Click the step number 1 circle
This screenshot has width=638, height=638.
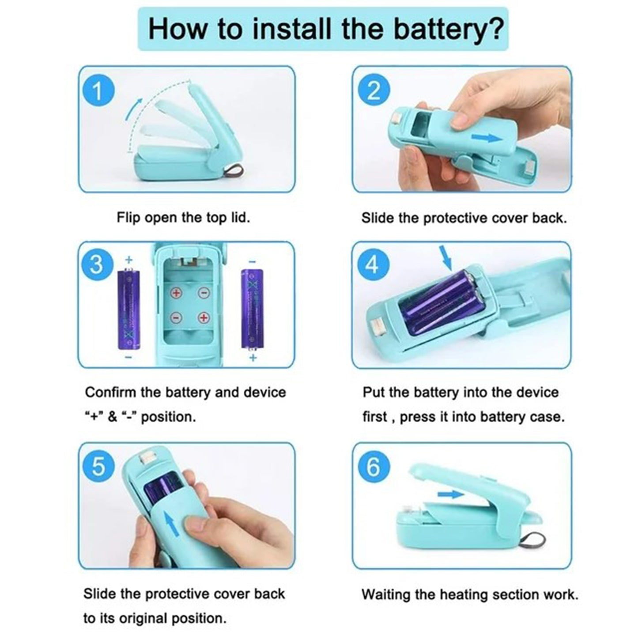(x=98, y=92)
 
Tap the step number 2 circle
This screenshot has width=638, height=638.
(x=374, y=91)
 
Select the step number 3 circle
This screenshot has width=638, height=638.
(x=96, y=265)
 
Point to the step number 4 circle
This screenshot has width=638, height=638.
(x=372, y=265)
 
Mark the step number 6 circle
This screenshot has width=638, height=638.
(x=373, y=467)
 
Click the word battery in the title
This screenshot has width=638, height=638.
(x=448, y=29)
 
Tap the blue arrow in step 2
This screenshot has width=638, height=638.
(x=486, y=138)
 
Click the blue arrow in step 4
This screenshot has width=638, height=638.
(x=447, y=258)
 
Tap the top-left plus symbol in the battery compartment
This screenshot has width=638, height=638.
(x=176, y=293)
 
